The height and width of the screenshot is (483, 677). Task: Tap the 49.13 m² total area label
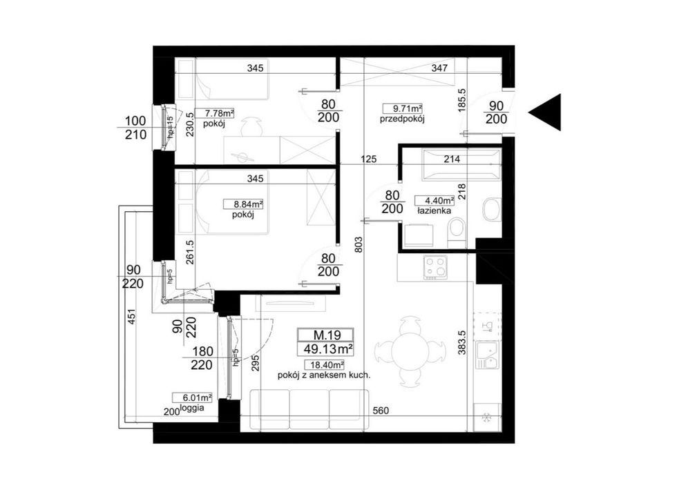pyautogui.click(x=325, y=349)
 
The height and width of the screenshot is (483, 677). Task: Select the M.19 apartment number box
pyautogui.click(x=325, y=335)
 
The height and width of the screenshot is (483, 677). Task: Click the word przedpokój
pyautogui.click(x=402, y=119)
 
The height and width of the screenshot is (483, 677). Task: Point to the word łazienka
pyautogui.click(x=434, y=211)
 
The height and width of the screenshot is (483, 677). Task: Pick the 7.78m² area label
pyautogui.click(x=215, y=113)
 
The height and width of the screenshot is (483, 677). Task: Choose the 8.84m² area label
pyautogui.click(x=243, y=204)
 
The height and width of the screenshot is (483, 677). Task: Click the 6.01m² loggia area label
pyautogui.click(x=192, y=397)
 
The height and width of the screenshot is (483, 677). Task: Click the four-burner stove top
pyautogui.click(x=435, y=268)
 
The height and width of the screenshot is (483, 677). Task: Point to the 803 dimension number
pyautogui.click(x=359, y=244)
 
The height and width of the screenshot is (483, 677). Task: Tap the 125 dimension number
pyautogui.click(x=368, y=159)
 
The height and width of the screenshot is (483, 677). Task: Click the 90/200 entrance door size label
pyautogui.click(x=497, y=112)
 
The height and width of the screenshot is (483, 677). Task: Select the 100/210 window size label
pyautogui.click(x=136, y=128)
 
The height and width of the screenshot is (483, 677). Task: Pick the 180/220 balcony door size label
pyautogui.click(x=202, y=358)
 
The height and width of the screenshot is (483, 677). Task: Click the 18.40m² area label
pyautogui.click(x=324, y=365)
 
